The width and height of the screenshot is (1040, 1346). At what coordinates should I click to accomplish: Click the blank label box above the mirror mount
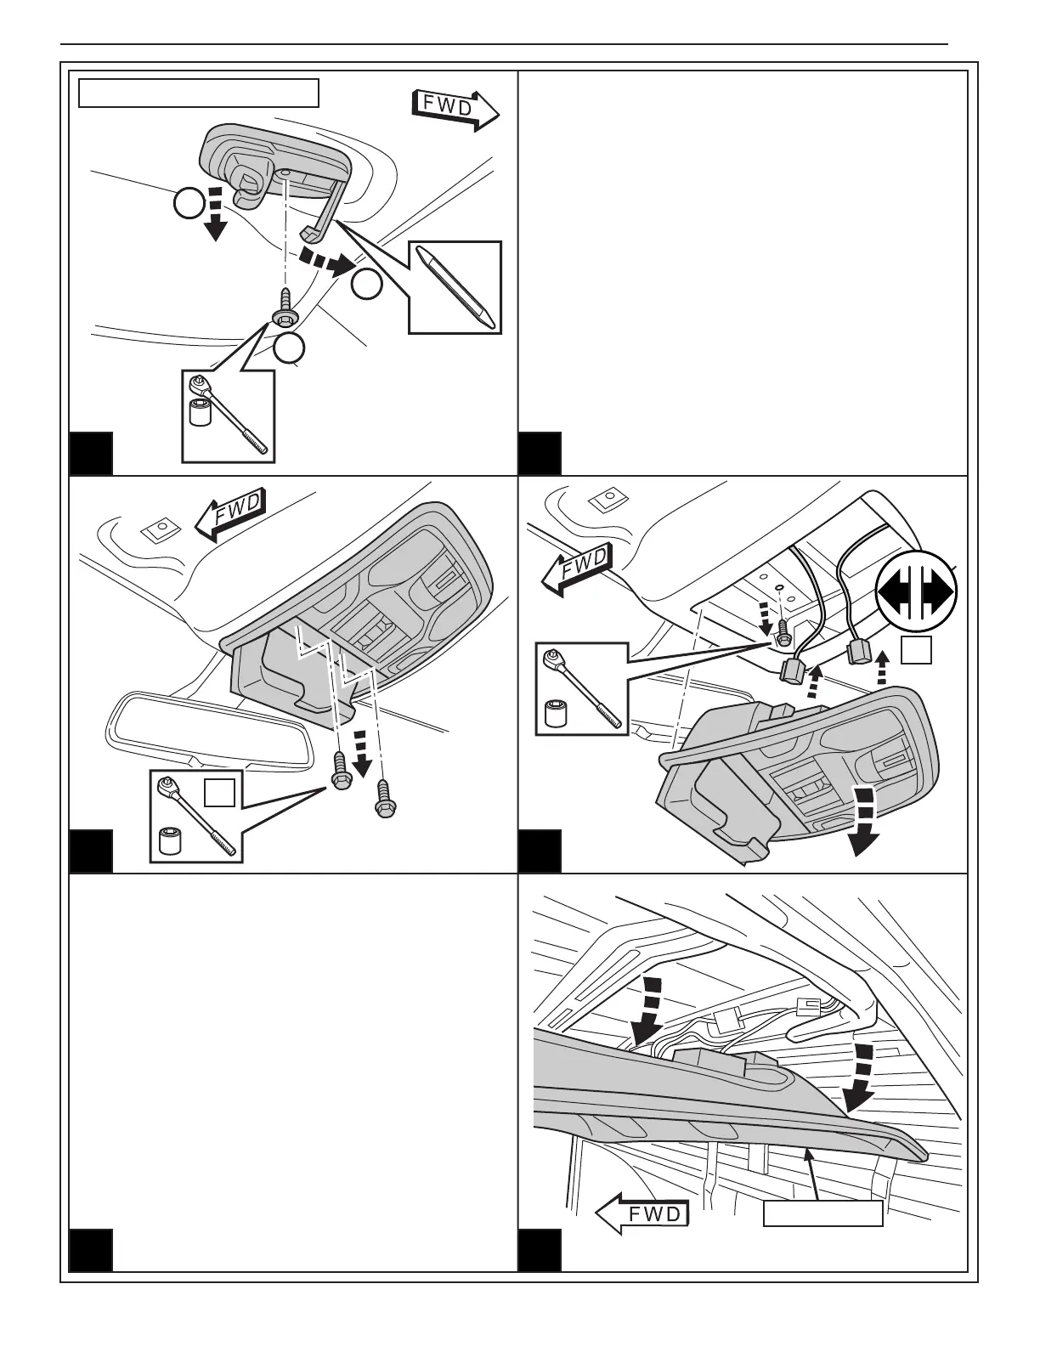199,93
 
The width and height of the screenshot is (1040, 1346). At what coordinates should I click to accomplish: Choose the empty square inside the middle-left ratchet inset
219,791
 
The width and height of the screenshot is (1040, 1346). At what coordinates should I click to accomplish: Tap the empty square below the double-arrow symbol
917,649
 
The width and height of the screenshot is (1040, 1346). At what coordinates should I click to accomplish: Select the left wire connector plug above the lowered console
794,672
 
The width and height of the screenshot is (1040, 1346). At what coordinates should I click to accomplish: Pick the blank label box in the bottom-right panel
822,1214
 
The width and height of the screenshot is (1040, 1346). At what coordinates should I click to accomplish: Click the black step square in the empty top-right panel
540,454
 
